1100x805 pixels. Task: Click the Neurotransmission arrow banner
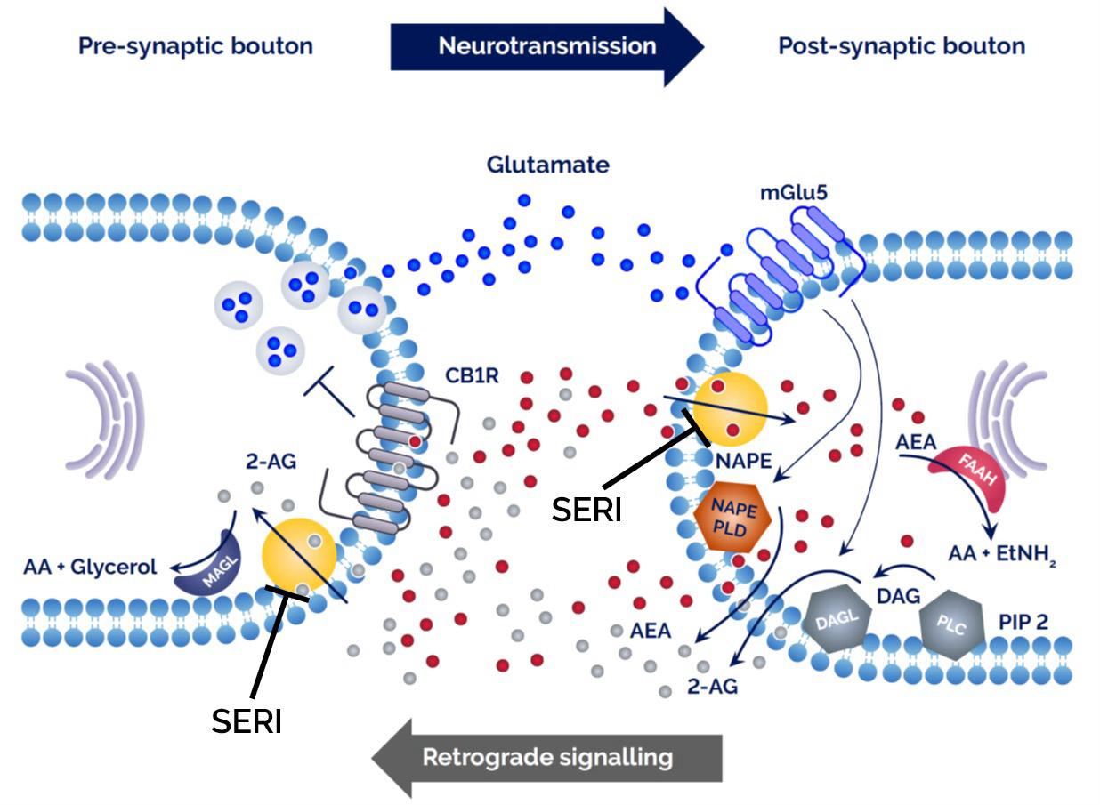click(x=546, y=46)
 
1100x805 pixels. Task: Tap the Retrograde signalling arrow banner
click(x=546, y=758)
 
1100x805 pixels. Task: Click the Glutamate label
click(x=547, y=165)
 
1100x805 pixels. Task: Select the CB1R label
click(x=473, y=374)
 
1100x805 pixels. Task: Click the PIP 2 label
click(x=1023, y=620)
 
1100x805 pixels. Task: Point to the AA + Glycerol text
click(x=91, y=566)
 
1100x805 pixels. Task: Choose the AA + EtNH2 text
click(x=1001, y=555)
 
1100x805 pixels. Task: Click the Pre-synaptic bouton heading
click(x=195, y=46)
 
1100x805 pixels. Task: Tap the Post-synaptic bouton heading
click(x=901, y=46)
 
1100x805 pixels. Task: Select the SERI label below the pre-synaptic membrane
click(x=247, y=720)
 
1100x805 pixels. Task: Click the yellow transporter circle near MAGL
click(x=299, y=555)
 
